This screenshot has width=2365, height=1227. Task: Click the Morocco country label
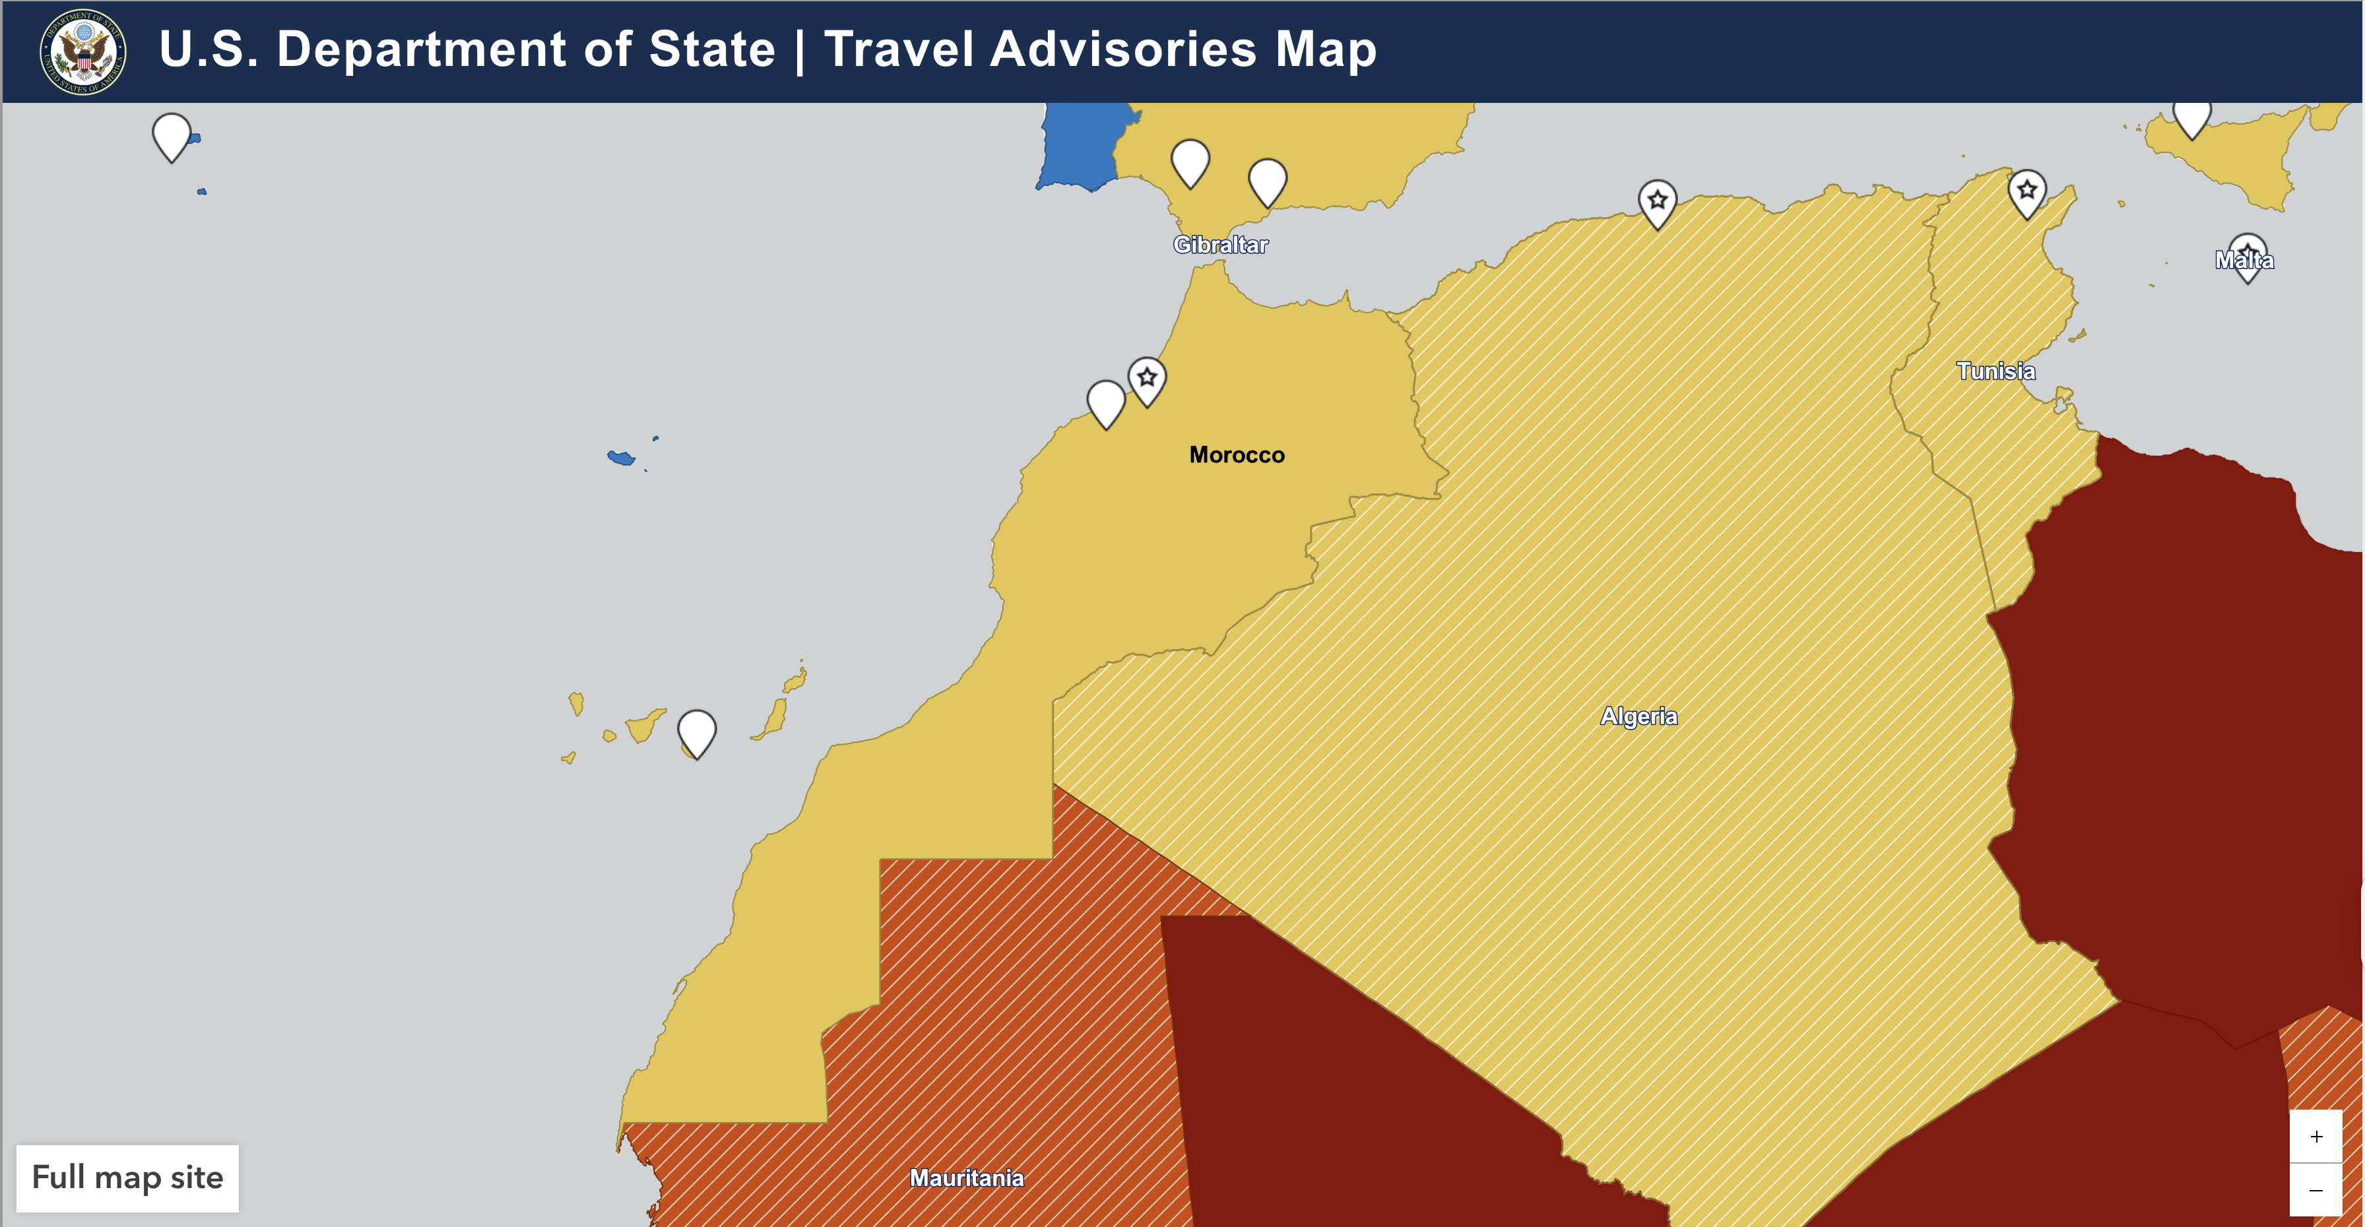point(1236,455)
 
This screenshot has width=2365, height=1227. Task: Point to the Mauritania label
point(966,1178)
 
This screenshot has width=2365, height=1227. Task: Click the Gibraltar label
point(1219,245)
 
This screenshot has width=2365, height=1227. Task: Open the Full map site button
point(127,1178)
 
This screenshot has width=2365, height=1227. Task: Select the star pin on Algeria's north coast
point(1656,201)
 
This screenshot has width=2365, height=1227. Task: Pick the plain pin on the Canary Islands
point(697,732)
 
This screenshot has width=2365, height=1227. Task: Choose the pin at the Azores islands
point(172,135)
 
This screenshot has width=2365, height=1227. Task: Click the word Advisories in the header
point(1124,49)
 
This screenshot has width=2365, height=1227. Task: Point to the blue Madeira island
point(622,458)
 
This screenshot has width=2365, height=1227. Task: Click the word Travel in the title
point(899,49)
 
